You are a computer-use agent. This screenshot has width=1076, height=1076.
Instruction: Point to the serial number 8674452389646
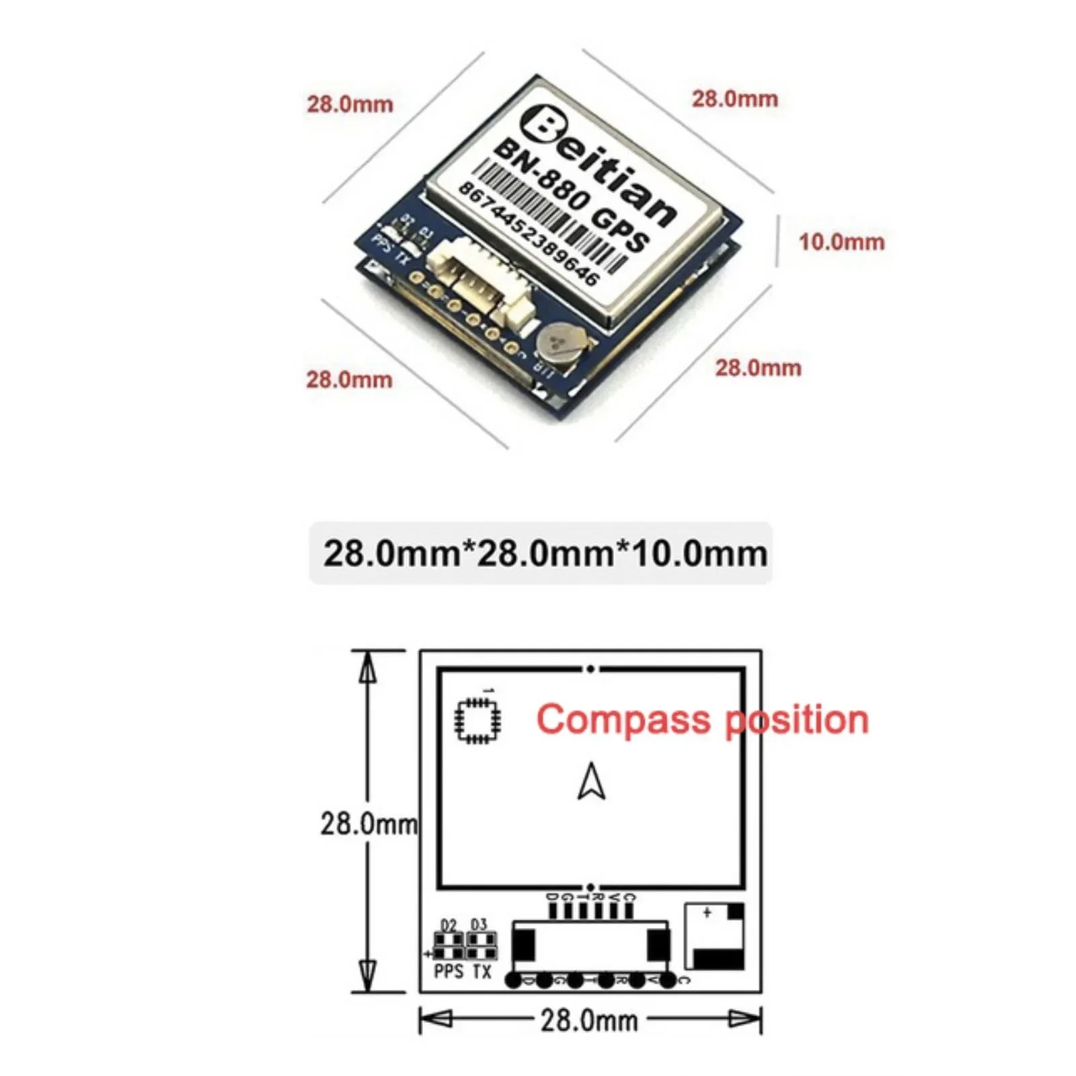tap(529, 233)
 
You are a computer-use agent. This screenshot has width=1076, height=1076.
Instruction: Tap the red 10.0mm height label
tap(841, 241)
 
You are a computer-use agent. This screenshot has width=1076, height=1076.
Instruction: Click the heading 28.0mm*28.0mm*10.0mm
tap(545, 553)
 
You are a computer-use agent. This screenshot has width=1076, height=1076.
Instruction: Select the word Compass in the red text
tap(622, 720)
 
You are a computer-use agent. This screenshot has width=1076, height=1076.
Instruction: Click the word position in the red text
tap(797, 720)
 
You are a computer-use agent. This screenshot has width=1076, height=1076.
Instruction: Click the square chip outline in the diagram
tap(477, 720)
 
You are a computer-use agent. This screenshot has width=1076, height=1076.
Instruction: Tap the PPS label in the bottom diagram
tap(449, 971)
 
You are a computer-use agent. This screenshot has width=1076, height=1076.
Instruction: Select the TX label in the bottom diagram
tap(482, 971)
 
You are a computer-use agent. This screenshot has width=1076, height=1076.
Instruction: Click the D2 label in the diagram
tap(448, 925)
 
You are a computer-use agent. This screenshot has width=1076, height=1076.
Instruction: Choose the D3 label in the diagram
tap(478, 925)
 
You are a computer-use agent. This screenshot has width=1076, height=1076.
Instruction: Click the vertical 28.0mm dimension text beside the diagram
tap(368, 823)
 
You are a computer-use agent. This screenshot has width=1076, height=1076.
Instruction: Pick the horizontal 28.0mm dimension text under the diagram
tap(589, 1021)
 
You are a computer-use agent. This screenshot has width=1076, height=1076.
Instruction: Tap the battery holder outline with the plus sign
tap(714, 935)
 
